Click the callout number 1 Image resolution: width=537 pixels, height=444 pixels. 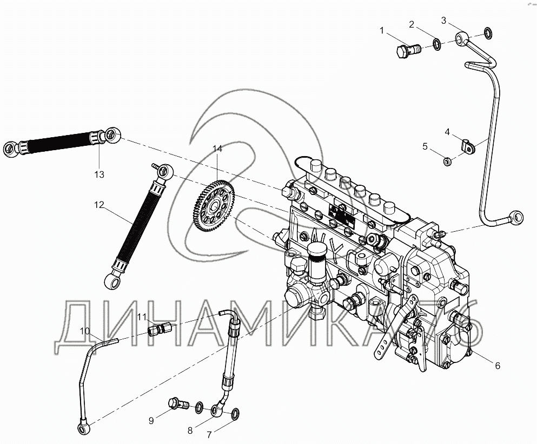[382, 31]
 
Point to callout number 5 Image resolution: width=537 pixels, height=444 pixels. [425, 146]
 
